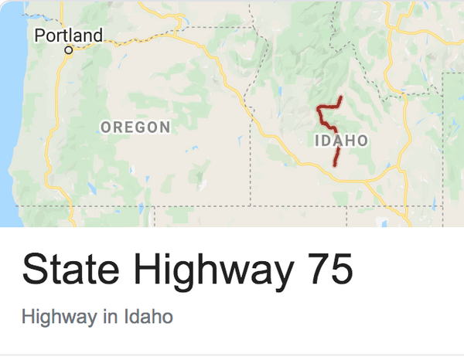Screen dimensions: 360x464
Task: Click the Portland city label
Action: tap(68, 35)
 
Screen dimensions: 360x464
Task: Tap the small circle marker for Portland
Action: tap(68, 50)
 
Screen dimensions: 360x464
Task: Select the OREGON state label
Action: tap(135, 127)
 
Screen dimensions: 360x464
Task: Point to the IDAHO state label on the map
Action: tap(341, 141)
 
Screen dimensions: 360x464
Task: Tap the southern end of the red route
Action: tap(336, 165)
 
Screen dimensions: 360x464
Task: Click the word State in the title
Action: tap(68, 270)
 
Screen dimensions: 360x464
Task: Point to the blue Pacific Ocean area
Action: tap(11, 116)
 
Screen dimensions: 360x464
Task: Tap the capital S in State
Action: tap(34, 270)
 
